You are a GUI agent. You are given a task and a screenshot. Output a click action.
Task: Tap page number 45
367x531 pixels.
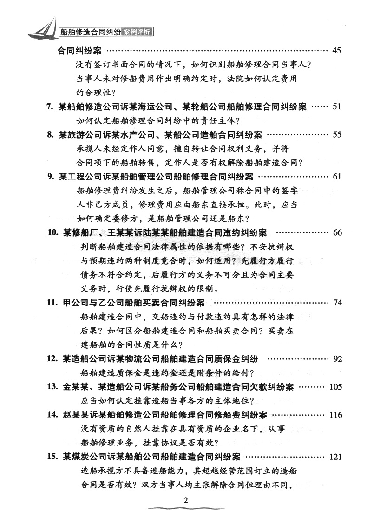tap(337, 50)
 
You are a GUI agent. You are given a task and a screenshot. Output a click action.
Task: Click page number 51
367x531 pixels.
tap(337, 107)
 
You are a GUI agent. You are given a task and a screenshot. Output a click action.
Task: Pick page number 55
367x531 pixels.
tap(337, 135)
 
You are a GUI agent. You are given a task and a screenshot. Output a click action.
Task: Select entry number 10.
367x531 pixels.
tap(52, 232)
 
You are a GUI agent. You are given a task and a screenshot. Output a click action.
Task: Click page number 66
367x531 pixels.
tap(337, 232)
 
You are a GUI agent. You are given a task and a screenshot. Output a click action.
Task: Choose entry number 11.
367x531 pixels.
tap(52, 303)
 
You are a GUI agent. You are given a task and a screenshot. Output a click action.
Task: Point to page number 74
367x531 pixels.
tap(337, 303)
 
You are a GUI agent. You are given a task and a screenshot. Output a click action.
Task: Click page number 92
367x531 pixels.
tap(337, 358)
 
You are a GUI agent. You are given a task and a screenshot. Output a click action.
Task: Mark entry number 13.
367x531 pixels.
tap(52, 387)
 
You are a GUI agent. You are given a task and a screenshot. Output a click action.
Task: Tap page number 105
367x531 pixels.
tap(335, 387)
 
